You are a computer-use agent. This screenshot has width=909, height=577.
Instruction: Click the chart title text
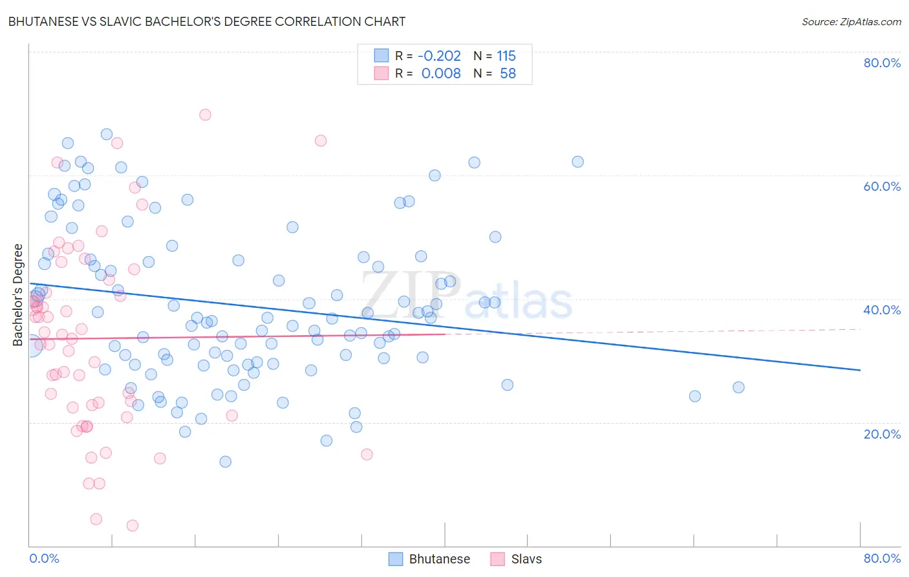pos(207,21)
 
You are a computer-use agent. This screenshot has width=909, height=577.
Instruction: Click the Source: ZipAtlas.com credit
pos(851,21)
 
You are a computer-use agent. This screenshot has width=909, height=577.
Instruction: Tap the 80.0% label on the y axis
pos(882,63)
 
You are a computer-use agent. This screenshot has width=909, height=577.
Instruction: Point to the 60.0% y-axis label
pos(882,186)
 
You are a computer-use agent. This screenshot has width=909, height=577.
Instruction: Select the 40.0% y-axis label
pos(882,310)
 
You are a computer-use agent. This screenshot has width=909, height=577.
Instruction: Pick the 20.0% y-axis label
pos(882,433)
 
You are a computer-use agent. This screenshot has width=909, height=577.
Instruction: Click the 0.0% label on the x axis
pos(44,558)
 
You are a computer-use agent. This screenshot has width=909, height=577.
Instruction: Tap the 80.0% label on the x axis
pos(882,558)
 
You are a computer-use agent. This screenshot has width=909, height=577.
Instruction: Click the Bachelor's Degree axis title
pos(18,295)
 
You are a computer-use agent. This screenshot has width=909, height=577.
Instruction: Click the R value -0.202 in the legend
pos(440,56)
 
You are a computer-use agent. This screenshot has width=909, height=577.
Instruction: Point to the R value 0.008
pos(441,73)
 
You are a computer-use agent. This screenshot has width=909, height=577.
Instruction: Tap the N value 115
pos(506,56)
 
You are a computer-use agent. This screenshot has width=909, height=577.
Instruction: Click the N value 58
pos(508,73)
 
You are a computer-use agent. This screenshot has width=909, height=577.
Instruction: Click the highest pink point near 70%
pos(205,114)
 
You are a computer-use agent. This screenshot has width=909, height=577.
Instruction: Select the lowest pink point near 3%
pos(133,525)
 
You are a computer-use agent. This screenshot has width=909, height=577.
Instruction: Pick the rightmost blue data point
pos(738,387)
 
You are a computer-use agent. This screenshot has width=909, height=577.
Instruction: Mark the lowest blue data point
pos(225,461)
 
